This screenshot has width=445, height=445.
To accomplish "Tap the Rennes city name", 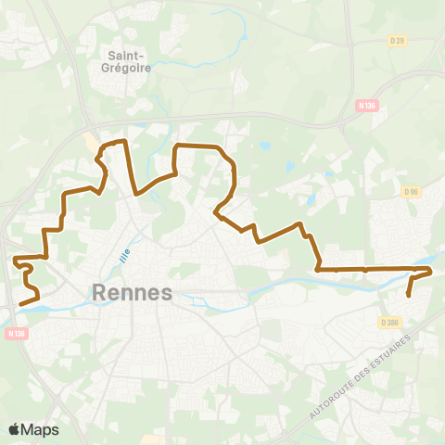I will [x=133, y=293].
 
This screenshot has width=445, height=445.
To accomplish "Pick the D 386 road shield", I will [x=390, y=322].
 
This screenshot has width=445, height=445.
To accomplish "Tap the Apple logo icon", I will [x=15, y=429].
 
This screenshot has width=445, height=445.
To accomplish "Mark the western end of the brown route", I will [x=21, y=300].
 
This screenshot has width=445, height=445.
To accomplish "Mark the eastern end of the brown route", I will [x=409, y=296].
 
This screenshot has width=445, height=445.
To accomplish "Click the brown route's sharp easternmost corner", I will [x=431, y=270].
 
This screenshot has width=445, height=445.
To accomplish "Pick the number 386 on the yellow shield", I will [x=393, y=322].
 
